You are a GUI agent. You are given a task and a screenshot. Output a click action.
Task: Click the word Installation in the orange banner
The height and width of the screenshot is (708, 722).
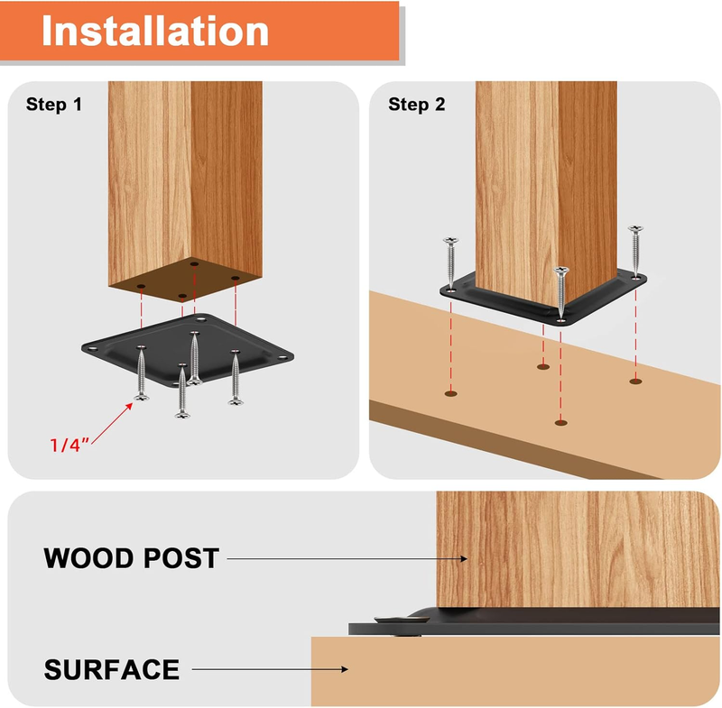point(155,31)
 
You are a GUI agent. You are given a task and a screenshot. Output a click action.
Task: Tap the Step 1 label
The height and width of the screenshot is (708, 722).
point(54,105)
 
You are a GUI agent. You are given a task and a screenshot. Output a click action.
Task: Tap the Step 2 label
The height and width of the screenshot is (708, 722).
point(417,105)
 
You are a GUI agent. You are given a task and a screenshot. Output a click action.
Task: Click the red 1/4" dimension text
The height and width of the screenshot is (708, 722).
point(69,445)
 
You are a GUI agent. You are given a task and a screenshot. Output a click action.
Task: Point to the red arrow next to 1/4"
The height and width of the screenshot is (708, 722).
point(112,423)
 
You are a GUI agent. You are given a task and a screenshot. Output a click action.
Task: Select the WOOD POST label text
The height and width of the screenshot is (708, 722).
point(131,558)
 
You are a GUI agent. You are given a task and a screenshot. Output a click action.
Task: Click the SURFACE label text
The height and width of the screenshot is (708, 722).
point(111,669)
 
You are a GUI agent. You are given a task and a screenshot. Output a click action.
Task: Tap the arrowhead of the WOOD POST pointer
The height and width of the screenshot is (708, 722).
point(464,559)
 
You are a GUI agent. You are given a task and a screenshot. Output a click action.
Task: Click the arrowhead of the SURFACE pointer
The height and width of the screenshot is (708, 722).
point(345,669)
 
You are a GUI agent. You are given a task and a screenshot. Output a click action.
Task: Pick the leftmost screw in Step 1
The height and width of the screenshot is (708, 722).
point(142,372)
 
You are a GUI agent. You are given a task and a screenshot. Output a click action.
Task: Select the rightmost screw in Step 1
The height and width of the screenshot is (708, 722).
point(236,377)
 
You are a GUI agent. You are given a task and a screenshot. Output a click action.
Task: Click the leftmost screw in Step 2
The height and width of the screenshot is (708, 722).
point(450,263)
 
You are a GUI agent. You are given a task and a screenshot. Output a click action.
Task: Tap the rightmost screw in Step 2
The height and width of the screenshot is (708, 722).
point(635,253)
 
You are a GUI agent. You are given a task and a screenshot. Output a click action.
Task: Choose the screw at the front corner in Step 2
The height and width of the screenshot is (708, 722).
point(560,293)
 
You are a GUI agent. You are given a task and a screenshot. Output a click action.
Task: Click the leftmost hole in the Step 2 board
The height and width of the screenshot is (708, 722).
point(450,394)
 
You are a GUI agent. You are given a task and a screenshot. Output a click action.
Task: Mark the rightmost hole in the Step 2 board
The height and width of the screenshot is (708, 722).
point(636,382)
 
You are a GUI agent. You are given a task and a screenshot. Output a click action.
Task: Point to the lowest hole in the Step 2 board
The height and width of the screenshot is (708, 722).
point(560,423)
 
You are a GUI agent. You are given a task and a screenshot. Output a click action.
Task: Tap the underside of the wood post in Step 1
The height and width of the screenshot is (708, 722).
point(186,280)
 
